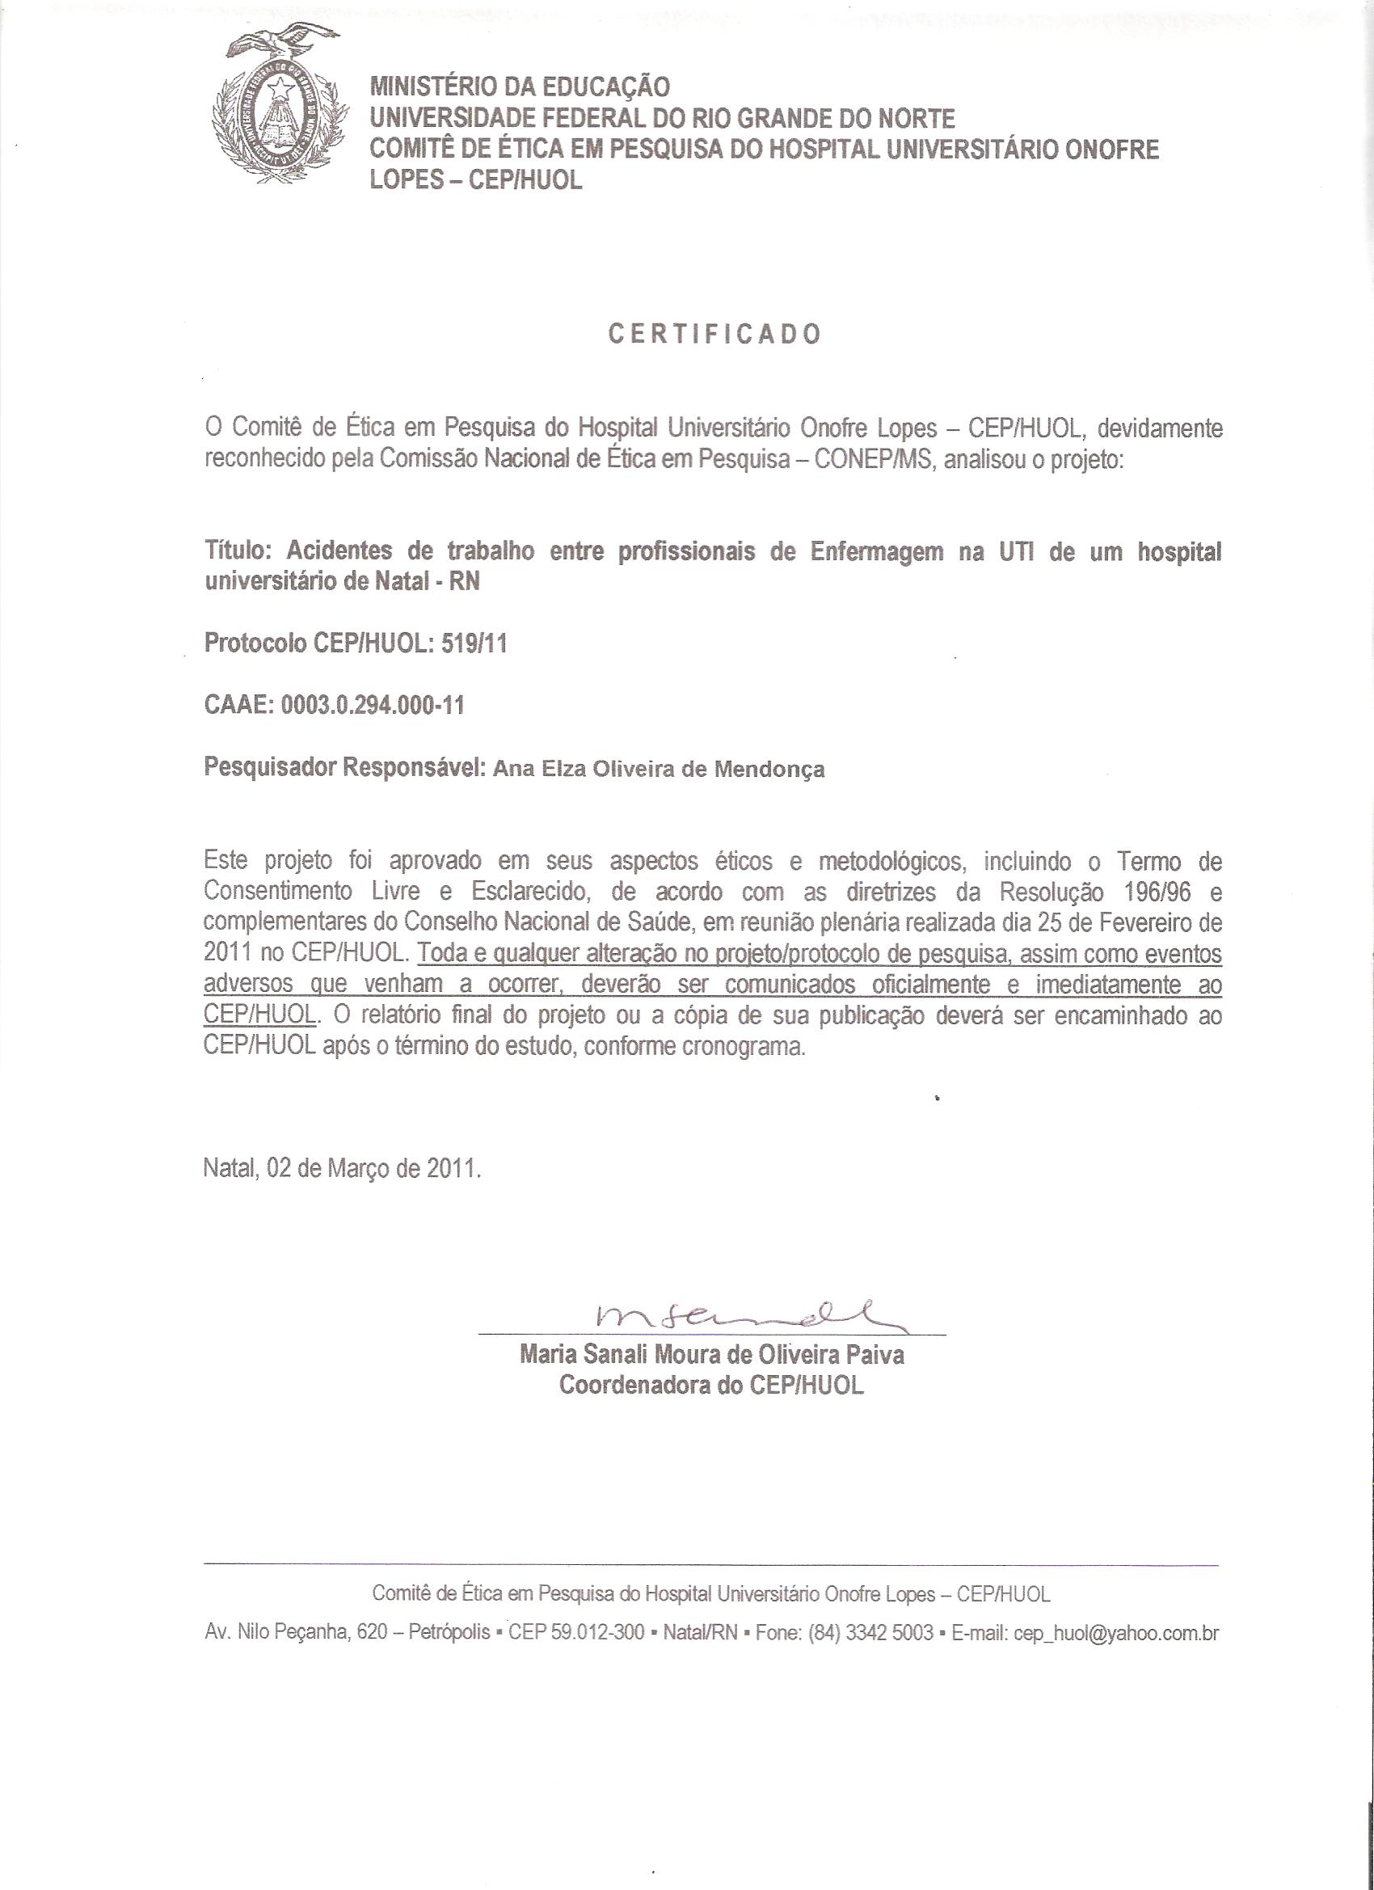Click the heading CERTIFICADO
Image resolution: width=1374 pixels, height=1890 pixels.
pyautogui.click(x=715, y=334)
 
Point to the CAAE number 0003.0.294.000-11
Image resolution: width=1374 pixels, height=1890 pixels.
pyautogui.click(x=373, y=706)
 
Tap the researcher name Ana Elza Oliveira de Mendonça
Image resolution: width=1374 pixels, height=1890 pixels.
pyautogui.click(x=658, y=768)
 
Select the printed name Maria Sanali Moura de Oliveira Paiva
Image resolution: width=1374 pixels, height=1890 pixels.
pyautogui.click(x=711, y=1353)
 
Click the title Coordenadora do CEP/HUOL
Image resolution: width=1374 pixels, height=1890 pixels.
pyautogui.click(x=711, y=1384)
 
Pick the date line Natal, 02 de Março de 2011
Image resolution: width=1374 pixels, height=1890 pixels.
pyautogui.click(x=343, y=1168)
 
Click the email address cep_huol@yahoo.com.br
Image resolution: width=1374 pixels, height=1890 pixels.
pyautogui.click(x=1115, y=1632)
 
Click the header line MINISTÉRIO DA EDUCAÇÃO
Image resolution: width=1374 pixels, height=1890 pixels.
pyautogui.click(x=520, y=86)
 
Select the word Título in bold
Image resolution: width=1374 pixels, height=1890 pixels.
pyautogui.click(x=237, y=551)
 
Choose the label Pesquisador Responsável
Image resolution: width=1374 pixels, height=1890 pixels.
pyautogui.click(x=344, y=767)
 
